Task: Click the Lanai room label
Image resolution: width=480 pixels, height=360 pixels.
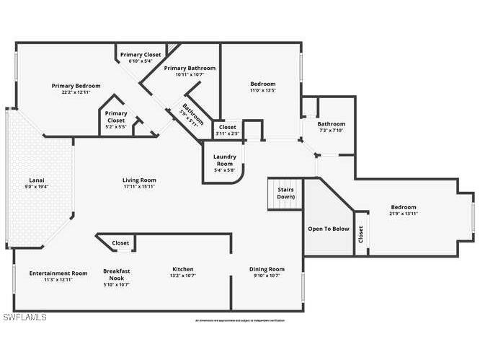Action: point(37,180)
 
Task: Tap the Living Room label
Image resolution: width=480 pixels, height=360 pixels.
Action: point(138,180)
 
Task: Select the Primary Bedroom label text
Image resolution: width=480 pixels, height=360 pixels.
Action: point(76,86)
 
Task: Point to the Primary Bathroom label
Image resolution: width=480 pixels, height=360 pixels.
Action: point(190,69)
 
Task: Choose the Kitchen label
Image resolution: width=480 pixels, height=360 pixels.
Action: point(182,269)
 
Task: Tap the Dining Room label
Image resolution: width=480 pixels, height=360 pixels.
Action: point(267,269)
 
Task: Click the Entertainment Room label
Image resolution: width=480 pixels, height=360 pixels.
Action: point(58,273)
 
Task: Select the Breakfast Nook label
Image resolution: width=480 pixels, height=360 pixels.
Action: point(116,273)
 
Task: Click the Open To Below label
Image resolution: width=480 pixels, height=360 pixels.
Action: point(328,229)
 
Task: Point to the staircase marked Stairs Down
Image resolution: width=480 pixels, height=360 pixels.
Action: point(285,193)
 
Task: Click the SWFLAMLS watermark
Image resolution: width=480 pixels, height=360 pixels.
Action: point(25,317)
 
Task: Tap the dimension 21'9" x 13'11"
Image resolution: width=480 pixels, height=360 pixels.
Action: point(404,214)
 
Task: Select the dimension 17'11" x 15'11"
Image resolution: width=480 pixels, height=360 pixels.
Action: point(138,187)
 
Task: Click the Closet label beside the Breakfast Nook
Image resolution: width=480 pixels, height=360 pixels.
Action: point(120,244)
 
